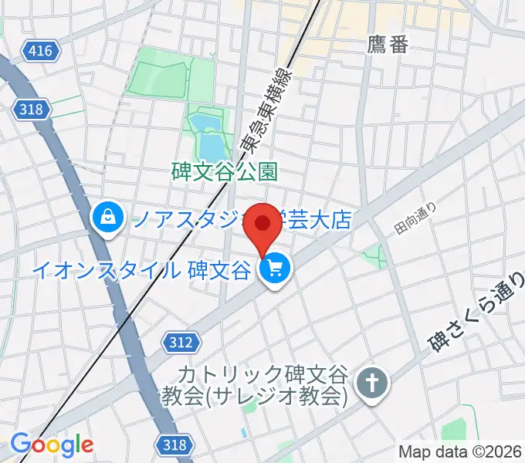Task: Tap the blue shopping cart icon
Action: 274,269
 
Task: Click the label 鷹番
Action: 388,45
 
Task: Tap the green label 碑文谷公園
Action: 224,171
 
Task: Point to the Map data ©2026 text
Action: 459,451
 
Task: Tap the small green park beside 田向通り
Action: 378,255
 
